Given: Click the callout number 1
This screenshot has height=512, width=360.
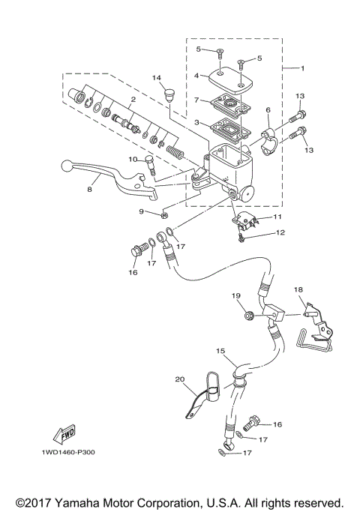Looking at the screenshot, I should point(302,68).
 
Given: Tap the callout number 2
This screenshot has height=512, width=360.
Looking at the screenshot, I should point(132,99).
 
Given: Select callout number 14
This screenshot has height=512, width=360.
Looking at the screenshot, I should point(157,78).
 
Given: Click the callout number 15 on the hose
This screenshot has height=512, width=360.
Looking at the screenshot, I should point(220,350).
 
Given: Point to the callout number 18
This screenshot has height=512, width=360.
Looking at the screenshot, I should point(298,289).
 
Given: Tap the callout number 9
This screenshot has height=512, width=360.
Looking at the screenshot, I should point(141,211).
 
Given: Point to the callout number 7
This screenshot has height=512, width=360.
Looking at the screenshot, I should point(195,100).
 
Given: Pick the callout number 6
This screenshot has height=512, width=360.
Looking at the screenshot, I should point(268,109).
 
